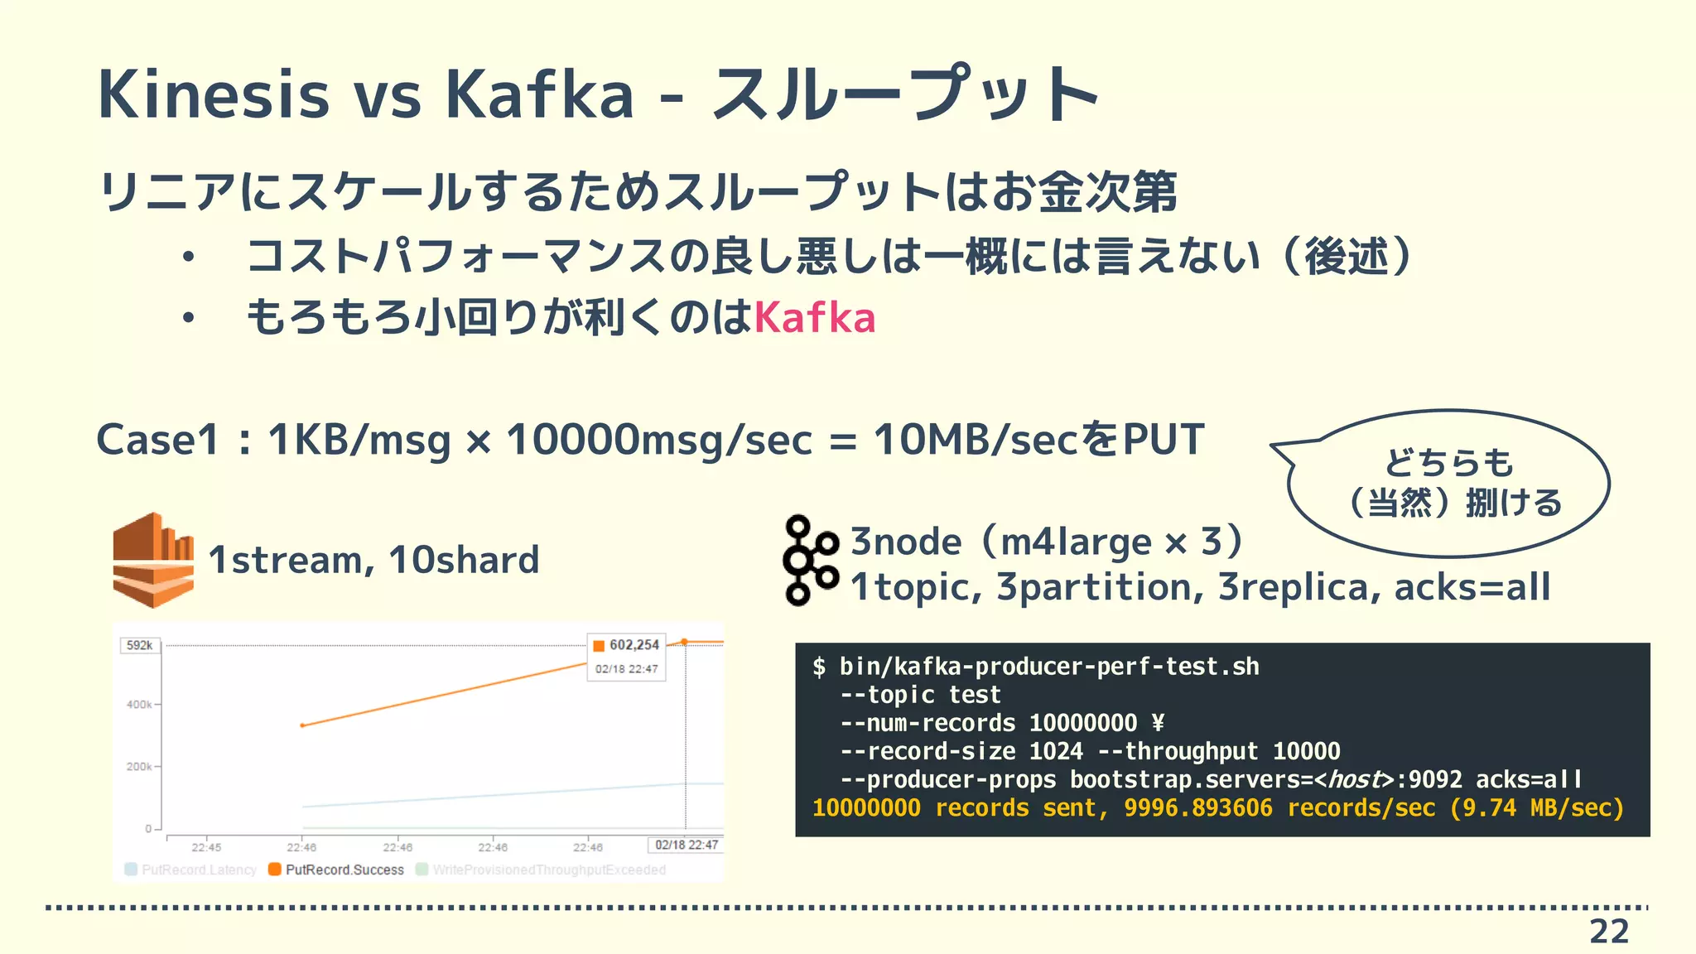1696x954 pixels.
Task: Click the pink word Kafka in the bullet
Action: (815, 318)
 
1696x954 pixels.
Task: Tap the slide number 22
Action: (1609, 932)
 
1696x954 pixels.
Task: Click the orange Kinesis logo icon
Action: (153, 560)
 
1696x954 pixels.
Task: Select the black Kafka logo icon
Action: (810, 561)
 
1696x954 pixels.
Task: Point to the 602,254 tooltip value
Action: (634, 645)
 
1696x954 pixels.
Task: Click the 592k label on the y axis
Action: (139, 645)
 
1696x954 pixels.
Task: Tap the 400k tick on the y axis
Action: (139, 705)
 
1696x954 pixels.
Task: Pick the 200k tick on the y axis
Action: (139, 767)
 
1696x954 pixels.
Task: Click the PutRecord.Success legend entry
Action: (344, 870)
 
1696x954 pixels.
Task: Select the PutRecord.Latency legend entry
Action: (199, 870)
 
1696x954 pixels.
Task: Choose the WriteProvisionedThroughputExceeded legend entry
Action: (549, 870)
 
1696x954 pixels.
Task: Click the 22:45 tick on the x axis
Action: (206, 847)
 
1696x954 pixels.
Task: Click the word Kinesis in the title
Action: (214, 94)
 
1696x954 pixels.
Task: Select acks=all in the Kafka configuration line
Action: (1472, 587)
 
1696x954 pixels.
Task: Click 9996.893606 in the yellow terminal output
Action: (1197, 808)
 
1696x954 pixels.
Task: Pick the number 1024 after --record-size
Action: (1056, 751)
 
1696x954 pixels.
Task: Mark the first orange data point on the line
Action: (302, 725)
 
